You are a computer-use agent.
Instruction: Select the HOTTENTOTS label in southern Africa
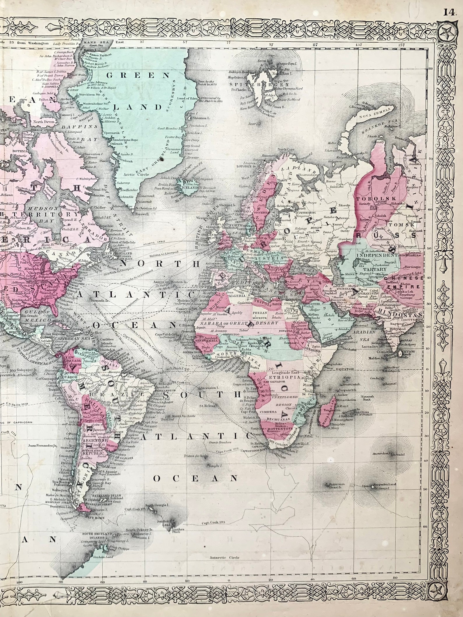(271, 429)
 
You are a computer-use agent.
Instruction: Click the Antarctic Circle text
(225, 558)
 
